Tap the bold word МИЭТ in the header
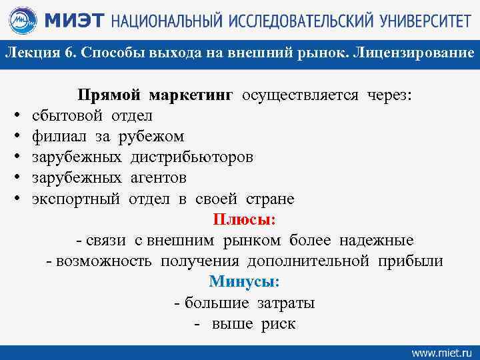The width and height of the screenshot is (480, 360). click(71, 21)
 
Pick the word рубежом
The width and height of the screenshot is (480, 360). click(151, 136)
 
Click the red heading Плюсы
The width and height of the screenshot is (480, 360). click(245, 219)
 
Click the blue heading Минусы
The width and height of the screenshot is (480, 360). click(244, 281)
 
